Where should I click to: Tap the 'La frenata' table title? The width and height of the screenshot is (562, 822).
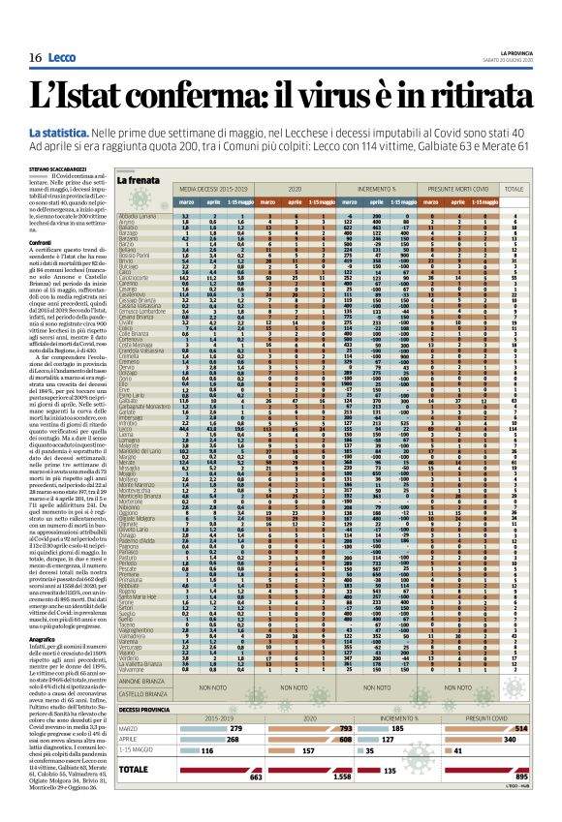[x=139, y=180]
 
